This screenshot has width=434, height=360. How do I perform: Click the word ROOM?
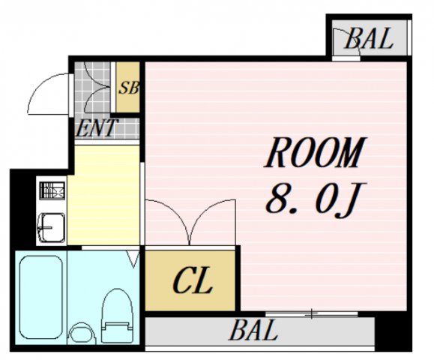pos(315,152)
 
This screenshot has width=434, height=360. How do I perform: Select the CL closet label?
pos(193,280)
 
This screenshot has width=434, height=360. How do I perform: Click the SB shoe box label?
pos(128,88)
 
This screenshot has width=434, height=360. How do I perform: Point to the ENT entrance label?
pos(96,128)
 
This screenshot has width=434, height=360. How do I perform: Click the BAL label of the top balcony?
pos(368,38)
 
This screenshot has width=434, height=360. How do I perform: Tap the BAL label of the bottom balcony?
pos(253,329)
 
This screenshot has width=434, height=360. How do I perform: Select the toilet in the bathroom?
pos(118,316)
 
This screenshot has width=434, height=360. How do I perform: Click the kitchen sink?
pos(52,227)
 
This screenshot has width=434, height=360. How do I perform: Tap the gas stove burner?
pos(52,190)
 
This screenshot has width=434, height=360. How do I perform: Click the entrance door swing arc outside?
pos(41,83)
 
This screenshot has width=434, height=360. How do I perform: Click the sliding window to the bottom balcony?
pos(311,314)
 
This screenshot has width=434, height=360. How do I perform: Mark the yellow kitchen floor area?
pos(103,195)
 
